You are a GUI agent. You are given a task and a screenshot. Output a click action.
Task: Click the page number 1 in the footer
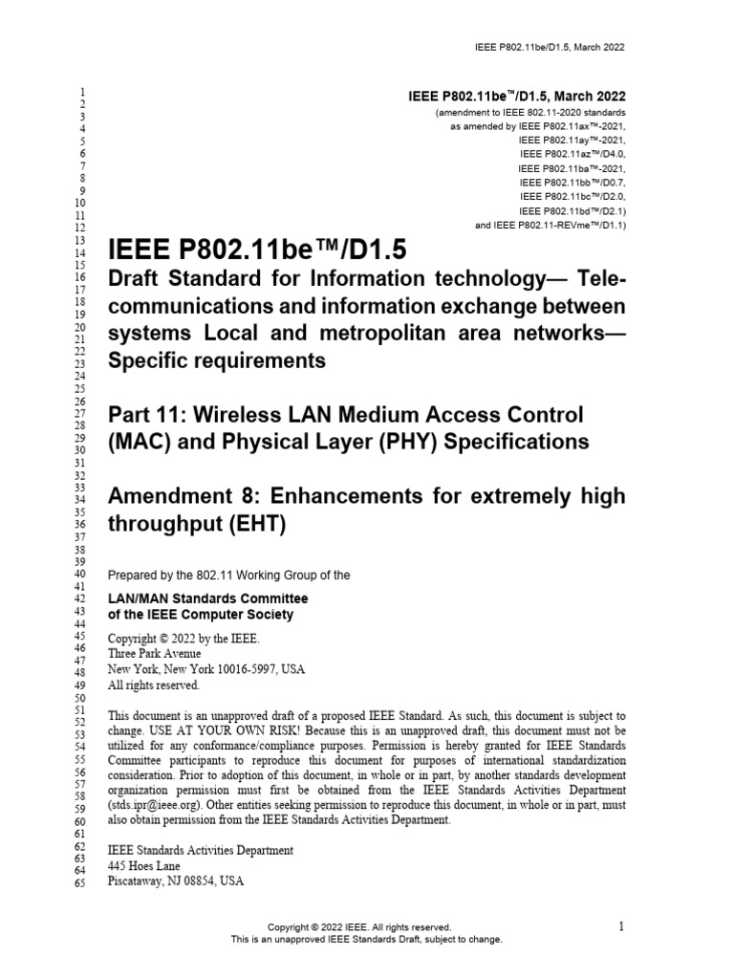point(621,925)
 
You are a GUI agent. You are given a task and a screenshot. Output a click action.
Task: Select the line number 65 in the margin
point(79,881)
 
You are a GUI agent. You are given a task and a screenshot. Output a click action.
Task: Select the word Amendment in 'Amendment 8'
point(180,496)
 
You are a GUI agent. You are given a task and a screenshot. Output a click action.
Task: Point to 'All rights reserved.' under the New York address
point(154,685)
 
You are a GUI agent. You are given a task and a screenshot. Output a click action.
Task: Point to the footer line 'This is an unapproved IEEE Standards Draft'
point(366,939)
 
